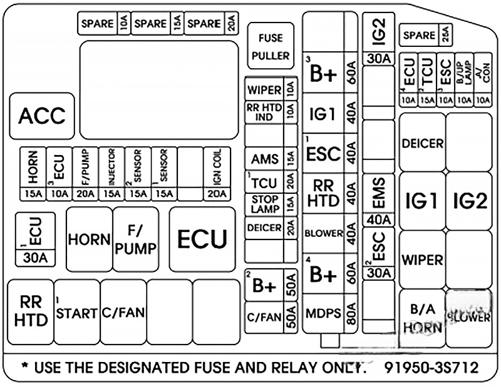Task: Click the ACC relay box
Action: (42, 116)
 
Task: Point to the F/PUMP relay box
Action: (135, 239)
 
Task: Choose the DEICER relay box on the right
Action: (422, 143)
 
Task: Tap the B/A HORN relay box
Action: (421, 318)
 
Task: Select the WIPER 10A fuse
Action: (271, 89)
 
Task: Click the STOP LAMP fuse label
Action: (264, 204)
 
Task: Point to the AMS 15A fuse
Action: (271, 159)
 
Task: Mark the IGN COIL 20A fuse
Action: (216, 173)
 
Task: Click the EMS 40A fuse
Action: (378, 199)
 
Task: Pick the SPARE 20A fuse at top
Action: (212, 24)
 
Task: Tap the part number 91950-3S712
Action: (432, 367)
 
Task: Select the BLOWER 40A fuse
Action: (330, 234)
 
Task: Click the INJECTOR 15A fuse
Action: (111, 173)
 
